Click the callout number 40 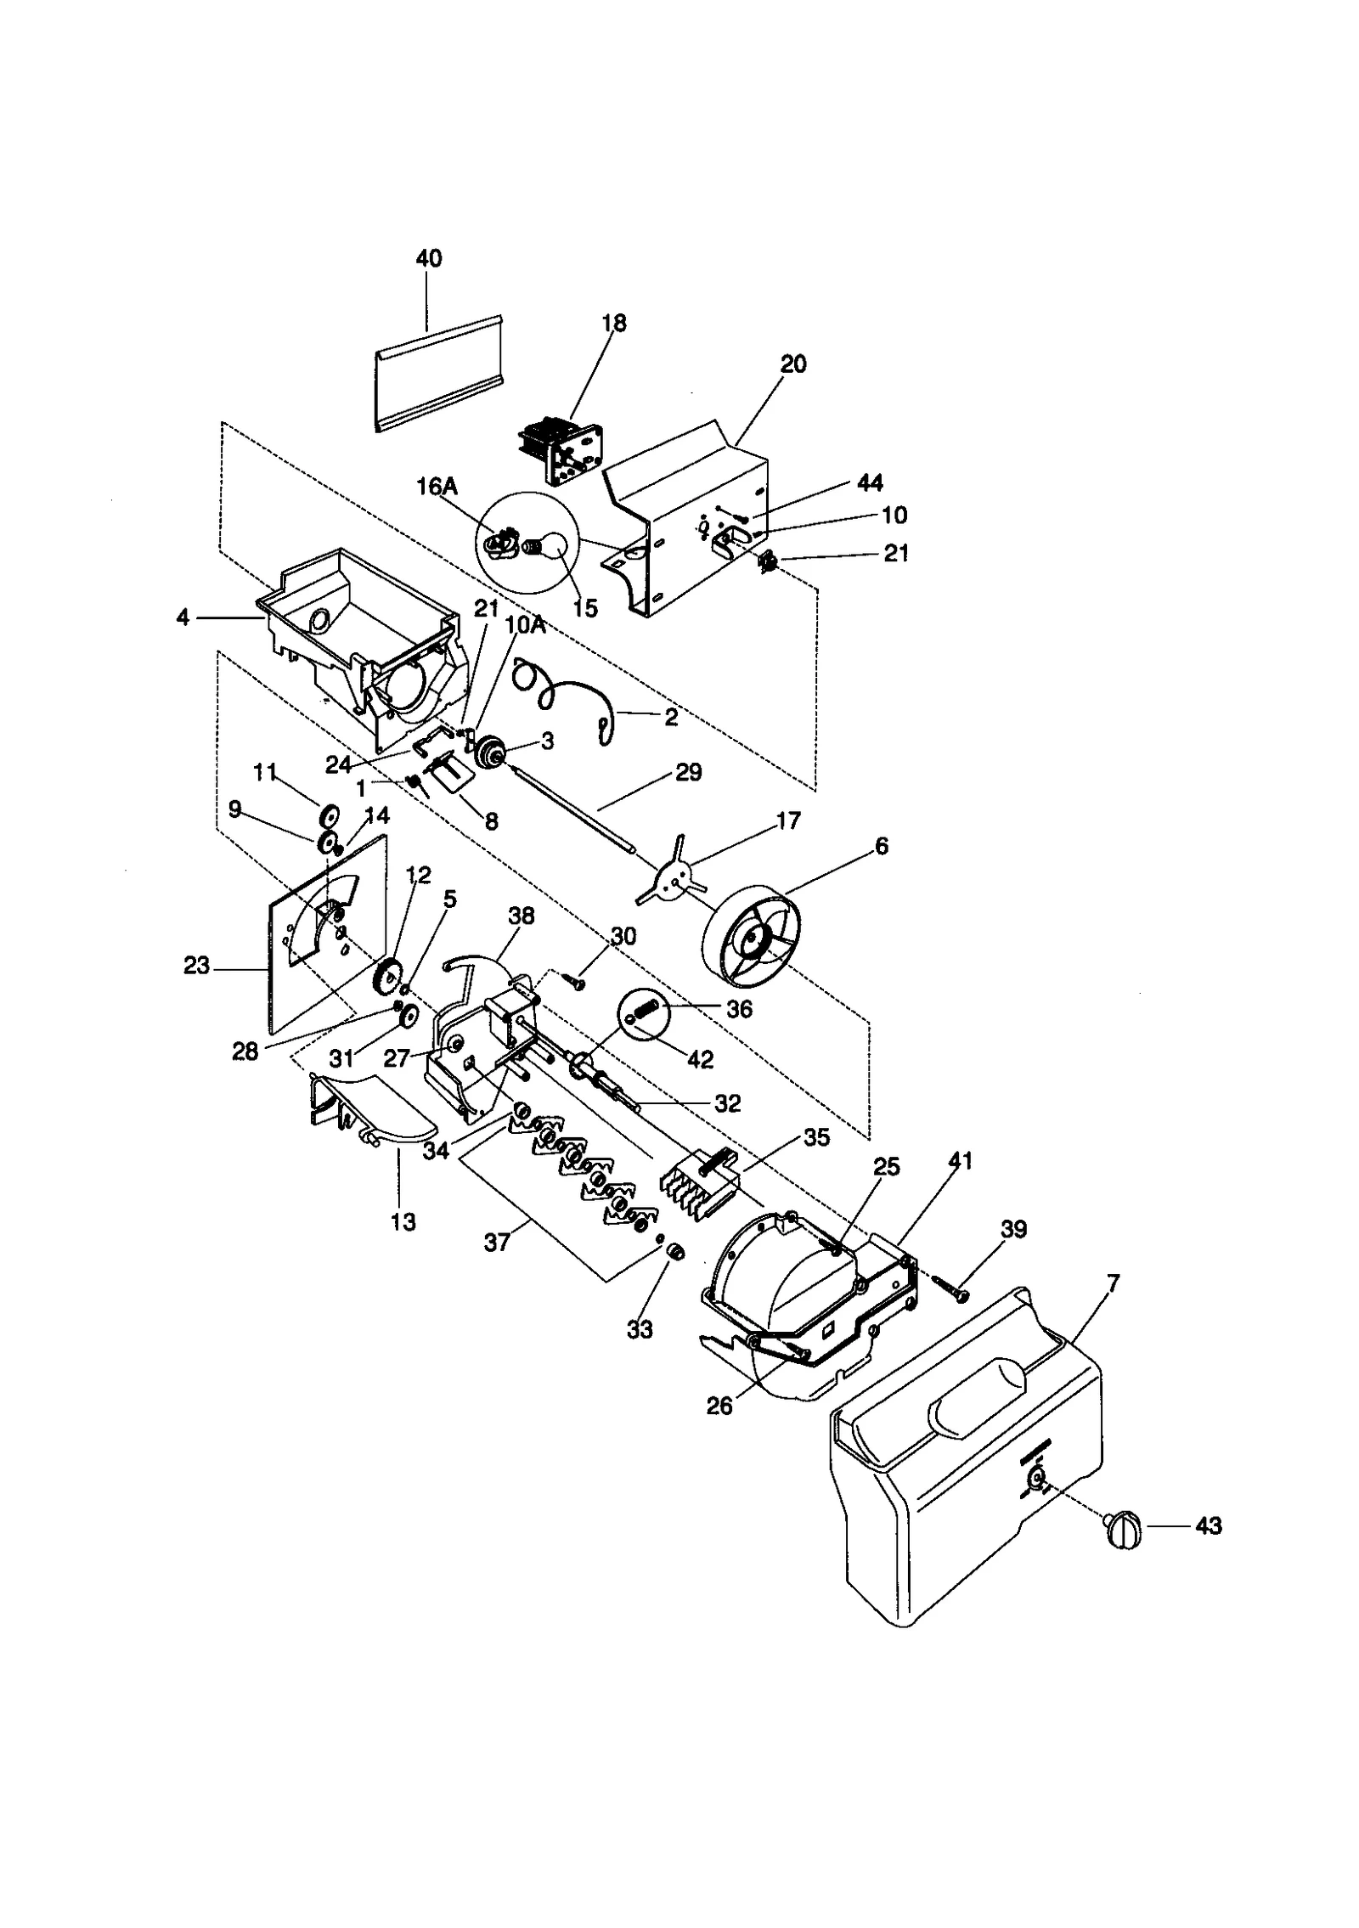pyautogui.click(x=428, y=258)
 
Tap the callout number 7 pyautogui.click(x=1113, y=1283)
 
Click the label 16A pyautogui.click(x=437, y=487)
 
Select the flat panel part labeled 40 pyautogui.click(x=439, y=374)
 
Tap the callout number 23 pyautogui.click(x=196, y=967)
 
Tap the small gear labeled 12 pyautogui.click(x=387, y=975)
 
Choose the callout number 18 pyautogui.click(x=613, y=323)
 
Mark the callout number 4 pyautogui.click(x=183, y=617)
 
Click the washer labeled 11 pyautogui.click(x=327, y=815)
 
